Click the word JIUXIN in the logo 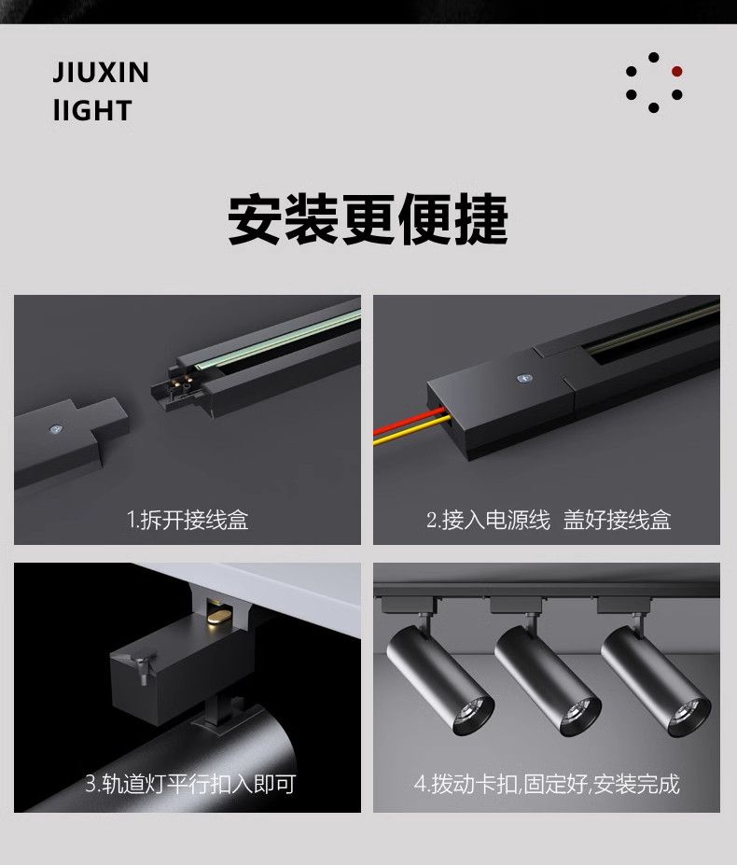(x=101, y=72)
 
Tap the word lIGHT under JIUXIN (x=92, y=110)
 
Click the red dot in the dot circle (x=677, y=71)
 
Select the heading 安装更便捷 (x=368, y=218)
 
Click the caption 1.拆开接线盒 (x=188, y=520)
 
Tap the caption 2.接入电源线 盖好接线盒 (x=549, y=520)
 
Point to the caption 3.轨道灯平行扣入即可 (x=190, y=784)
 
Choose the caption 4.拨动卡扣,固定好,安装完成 (x=547, y=784)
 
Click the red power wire (x=409, y=420)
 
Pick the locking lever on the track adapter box (x=143, y=663)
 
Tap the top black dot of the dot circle (x=654, y=57)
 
